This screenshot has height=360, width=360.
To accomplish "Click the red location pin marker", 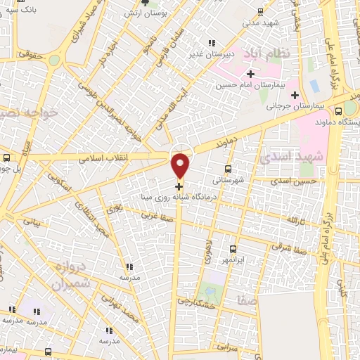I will [181, 165].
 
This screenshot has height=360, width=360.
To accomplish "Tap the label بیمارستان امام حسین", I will [250, 85].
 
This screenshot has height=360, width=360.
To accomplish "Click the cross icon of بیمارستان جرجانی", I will [295, 95].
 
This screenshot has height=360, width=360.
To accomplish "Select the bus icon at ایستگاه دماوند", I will [339, 110].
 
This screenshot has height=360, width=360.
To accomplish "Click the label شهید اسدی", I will [291, 157].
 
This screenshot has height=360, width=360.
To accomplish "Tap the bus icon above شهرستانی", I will [227, 169].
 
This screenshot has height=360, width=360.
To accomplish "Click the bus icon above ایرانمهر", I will [234, 249].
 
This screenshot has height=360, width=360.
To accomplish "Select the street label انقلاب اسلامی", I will [103, 158].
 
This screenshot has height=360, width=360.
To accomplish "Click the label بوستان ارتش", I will [142, 13].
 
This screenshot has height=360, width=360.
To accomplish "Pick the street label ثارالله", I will [293, 220].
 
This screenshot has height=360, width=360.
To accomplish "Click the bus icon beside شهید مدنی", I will [262, 11].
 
